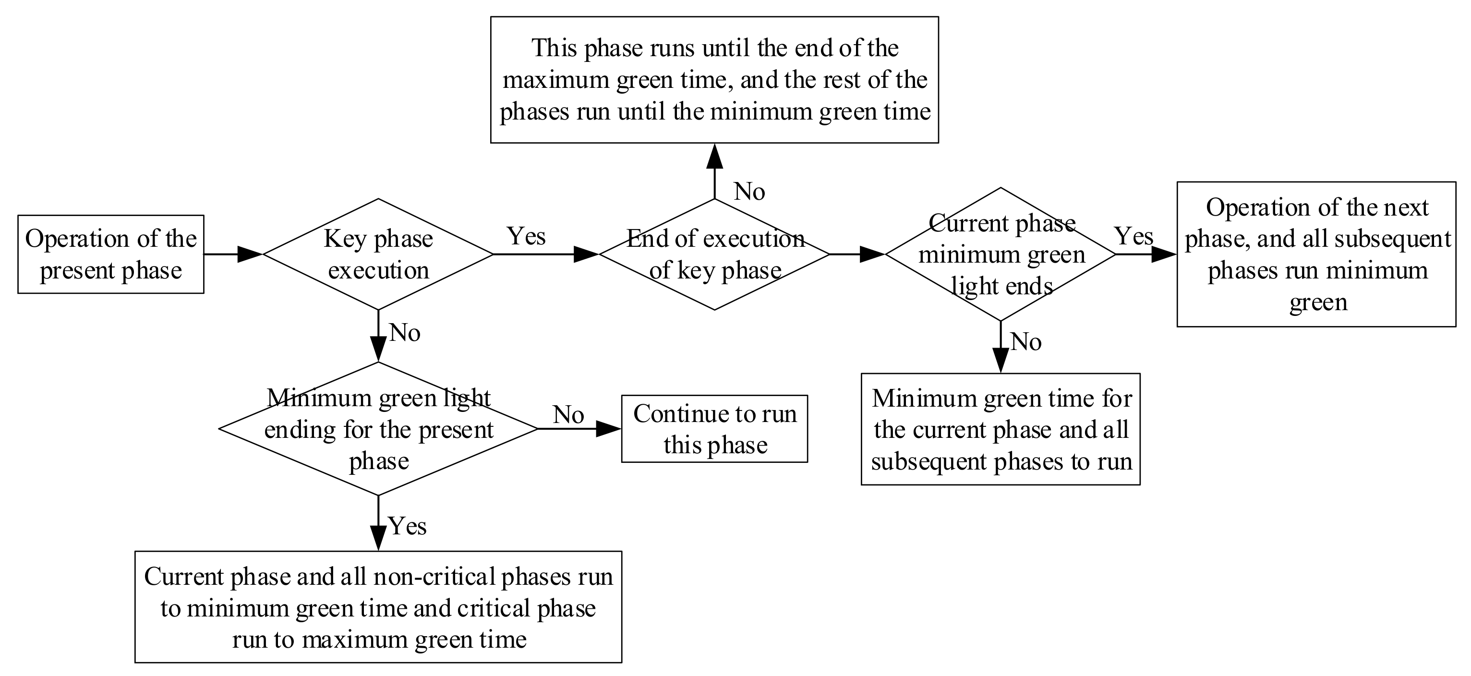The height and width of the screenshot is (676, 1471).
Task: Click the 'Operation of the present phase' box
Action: pos(110,254)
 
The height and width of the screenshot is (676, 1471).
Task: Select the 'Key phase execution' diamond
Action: pos(378,254)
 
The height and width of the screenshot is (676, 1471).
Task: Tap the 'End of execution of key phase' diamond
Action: pos(714,254)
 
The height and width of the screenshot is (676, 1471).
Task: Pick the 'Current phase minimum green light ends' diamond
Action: pos(1001,254)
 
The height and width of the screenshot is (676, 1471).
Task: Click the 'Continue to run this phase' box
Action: pos(714,429)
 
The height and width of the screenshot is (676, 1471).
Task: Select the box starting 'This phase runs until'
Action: pos(714,79)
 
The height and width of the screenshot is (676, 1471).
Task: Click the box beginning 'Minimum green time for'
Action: pos(1001,429)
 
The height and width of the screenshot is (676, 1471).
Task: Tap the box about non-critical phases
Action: pos(378,607)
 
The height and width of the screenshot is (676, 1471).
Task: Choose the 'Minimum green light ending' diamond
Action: pos(378,429)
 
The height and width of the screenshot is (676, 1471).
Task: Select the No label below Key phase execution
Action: pos(405,332)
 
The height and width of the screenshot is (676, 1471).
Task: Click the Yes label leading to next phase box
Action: pos(1134,236)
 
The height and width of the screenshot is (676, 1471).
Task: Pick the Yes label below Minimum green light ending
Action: pos(407,525)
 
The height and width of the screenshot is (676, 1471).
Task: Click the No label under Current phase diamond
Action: pos(1026,341)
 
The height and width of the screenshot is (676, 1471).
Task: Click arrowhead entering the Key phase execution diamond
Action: pos(250,254)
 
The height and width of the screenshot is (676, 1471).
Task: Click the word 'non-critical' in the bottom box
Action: pos(434,577)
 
